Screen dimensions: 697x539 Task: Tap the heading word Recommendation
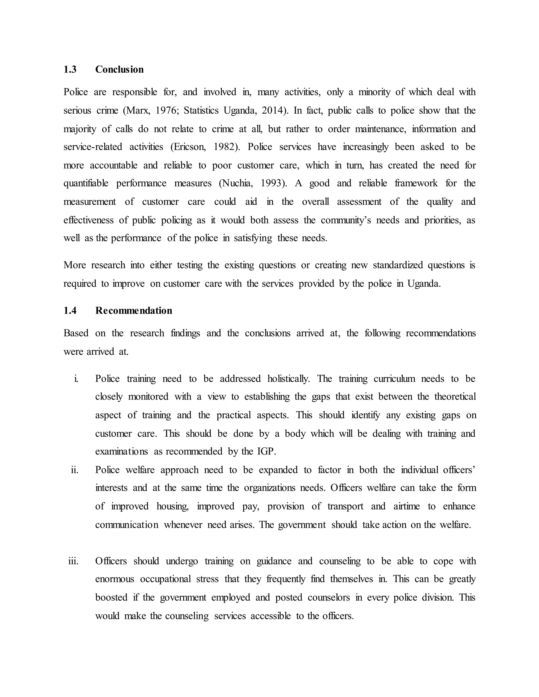click(133, 311)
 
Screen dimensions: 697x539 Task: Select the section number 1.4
click(70, 311)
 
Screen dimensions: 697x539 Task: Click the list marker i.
click(76, 379)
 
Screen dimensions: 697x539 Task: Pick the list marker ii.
click(74, 470)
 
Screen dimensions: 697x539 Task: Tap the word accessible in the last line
click(270, 616)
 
